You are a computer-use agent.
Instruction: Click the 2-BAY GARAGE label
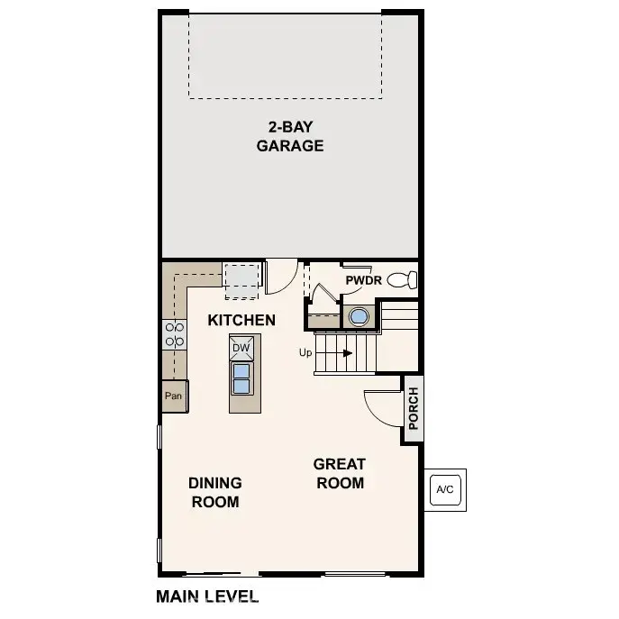coord(290,136)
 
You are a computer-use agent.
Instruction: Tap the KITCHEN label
coord(241,320)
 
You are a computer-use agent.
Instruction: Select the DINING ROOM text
coord(215,492)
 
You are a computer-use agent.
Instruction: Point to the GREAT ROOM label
coord(340,473)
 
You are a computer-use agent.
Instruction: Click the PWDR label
coord(364,280)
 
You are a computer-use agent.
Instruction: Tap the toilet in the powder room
coord(402,280)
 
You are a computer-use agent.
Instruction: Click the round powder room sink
coord(359,316)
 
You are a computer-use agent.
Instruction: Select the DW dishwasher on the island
coord(241,348)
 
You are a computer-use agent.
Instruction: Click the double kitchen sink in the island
coord(241,378)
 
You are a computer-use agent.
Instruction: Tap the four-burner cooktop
coord(175,334)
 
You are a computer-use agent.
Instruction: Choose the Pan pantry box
coord(175,396)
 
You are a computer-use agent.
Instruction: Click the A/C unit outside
coord(445,490)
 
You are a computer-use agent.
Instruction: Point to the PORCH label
coord(414,408)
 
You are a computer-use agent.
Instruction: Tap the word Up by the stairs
coord(305,352)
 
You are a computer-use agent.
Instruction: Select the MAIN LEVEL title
coord(207,596)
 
